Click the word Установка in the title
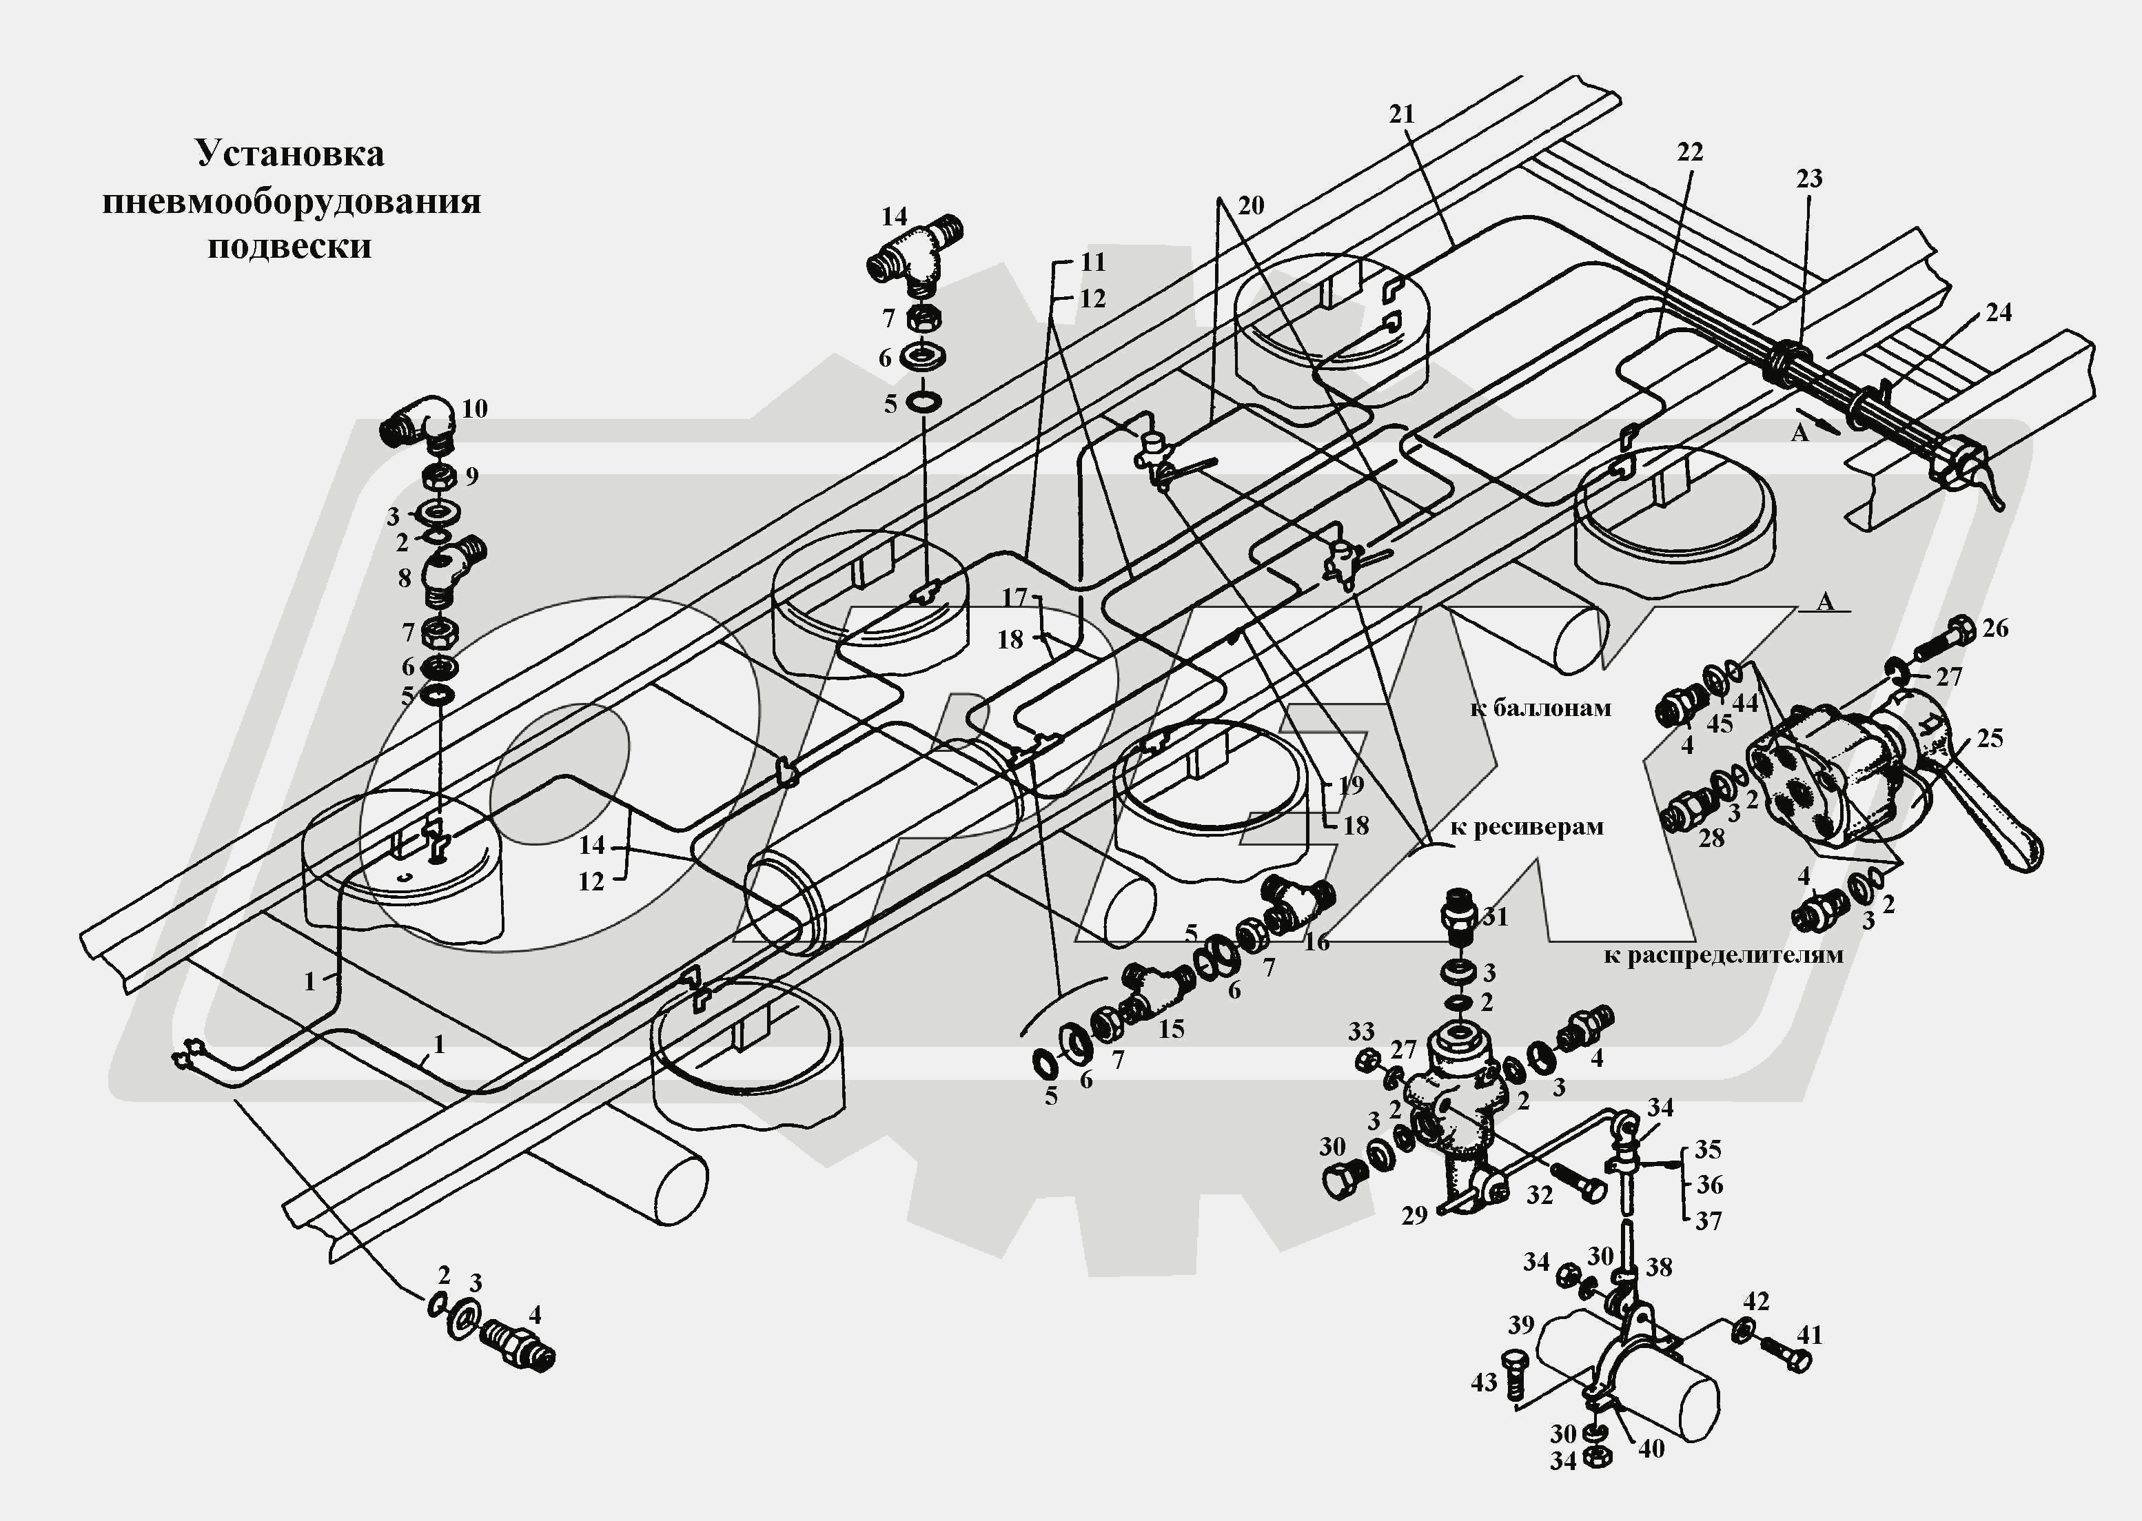pos(289,154)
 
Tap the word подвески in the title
pos(289,246)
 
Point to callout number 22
pos(1690,151)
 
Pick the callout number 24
pos(1999,312)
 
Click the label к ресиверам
pos(1527,827)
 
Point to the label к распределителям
pos(1724,955)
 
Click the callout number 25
pos(1989,739)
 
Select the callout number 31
pos(1495,917)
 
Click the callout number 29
pos(1414,1216)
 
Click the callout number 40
pos(1651,1449)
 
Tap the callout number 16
pos(1316,941)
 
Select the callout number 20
pos(1250,205)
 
